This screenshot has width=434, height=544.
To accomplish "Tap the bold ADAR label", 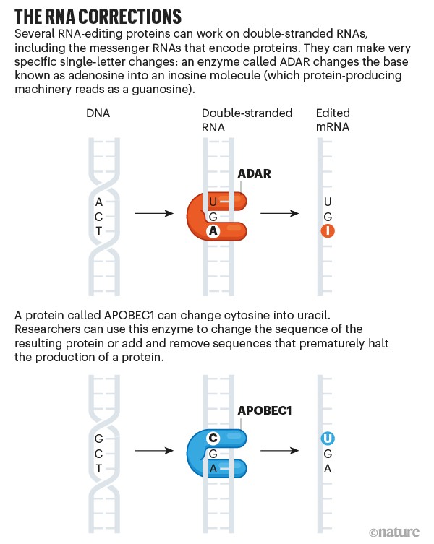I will [x=254, y=173].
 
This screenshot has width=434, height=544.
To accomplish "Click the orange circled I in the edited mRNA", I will [x=328, y=231].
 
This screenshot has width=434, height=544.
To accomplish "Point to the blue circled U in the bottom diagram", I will [x=328, y=439].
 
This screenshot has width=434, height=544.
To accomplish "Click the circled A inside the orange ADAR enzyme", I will [x=213, y=231].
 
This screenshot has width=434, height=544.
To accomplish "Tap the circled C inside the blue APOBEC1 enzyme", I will [x=213, y=439].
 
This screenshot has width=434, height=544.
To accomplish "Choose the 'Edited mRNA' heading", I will [x=333, y=120].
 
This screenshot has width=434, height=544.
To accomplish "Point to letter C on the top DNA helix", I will [x=98, y=216].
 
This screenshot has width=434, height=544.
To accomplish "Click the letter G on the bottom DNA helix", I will [x=98, y=439].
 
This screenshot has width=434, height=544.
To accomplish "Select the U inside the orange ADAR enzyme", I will [x=213, y=201].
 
